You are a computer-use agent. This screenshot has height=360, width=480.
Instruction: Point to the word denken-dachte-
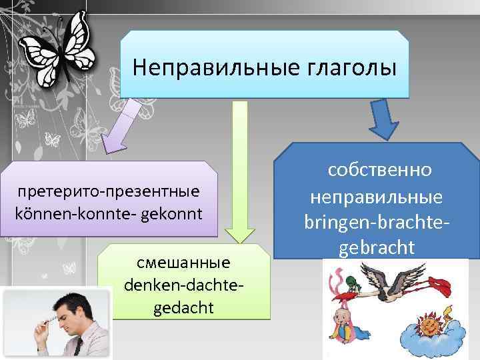[183, 285]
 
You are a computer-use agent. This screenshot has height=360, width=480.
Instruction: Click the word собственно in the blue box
[379, 170]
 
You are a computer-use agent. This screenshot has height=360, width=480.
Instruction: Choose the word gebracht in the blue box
[377, 247]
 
